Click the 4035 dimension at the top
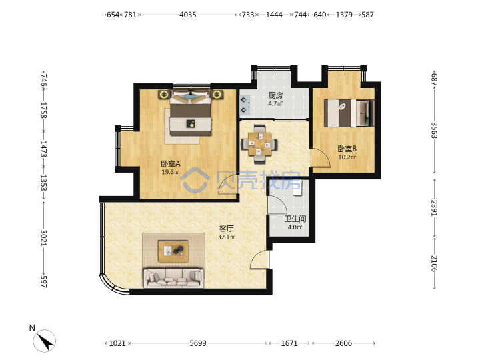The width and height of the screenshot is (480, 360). coord(187,15)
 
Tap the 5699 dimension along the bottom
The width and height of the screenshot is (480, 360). coord(198,343)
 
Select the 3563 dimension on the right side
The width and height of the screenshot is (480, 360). coord(435,130)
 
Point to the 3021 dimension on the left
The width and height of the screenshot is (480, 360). coord(43,237)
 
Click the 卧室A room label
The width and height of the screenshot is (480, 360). coord(171,164)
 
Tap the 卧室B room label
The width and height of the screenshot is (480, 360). coord(347,149)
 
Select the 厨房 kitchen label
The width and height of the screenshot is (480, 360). coord(275,95)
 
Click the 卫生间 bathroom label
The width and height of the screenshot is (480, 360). coord(295,219)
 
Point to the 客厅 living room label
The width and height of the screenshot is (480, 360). coord(227,229)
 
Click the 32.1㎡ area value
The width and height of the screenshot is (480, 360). coord(227,237)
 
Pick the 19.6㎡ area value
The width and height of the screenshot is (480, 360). coord(171,172)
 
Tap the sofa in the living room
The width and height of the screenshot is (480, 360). coord(173,277)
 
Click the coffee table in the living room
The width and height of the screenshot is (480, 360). coord(173,251)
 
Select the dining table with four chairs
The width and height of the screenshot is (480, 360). coord(259,143)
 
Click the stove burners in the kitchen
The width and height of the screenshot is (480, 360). coord(244,105)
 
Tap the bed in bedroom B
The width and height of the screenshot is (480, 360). coord(349,113)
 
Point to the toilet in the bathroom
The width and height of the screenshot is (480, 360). coord(297,188)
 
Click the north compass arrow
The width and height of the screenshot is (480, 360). coord(45,341)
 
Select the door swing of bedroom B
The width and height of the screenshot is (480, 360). coord(321,157)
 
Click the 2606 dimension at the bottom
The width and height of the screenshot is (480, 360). coord(343,343)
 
